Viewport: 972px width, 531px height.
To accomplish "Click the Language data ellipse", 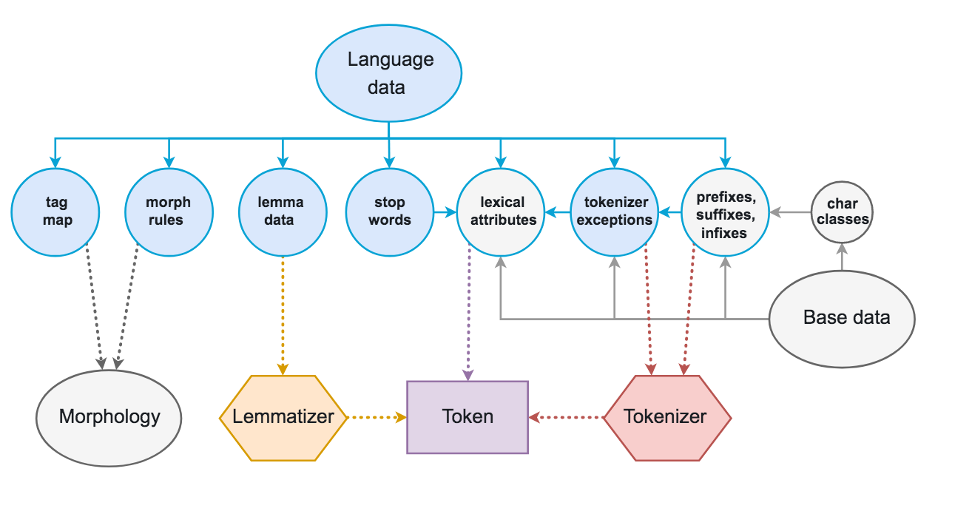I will [389, 72].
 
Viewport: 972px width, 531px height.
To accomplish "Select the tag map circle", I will [57, 212].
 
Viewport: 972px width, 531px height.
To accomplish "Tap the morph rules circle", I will [169, 212].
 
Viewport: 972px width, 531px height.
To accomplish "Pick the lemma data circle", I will [281, 212].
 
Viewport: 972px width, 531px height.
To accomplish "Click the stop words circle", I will [390, 212].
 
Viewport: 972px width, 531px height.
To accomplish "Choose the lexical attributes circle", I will [502, 212].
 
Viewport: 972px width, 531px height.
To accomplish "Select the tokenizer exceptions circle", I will [614, 212].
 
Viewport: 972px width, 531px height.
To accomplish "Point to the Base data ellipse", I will [843, 319].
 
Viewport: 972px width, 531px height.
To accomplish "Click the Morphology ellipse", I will [109, 417].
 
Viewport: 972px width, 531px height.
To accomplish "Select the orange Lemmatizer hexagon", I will [283, 418].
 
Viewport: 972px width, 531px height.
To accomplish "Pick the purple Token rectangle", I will [468, 417].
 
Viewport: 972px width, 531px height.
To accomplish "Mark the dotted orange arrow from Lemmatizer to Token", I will [377, 418].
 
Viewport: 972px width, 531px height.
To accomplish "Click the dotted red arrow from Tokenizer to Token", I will [566, 418].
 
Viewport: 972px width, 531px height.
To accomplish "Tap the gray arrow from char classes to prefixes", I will [790, 212].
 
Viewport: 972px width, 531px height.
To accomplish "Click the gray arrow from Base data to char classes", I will [842, 257].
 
